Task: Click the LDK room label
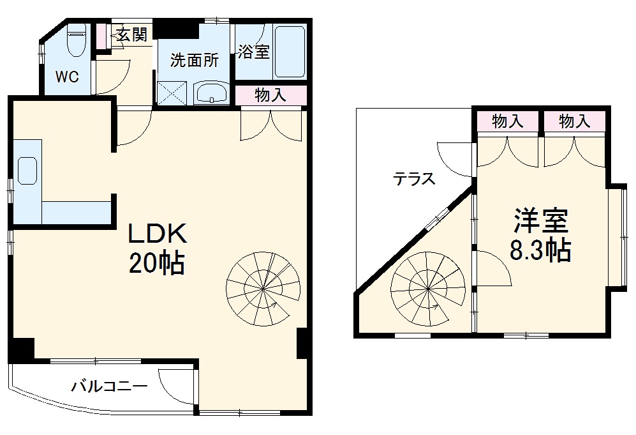[158, 234]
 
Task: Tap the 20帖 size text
[158, 263]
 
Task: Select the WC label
[66, 77]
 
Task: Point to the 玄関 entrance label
[131, 35]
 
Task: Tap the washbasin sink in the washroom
[211, 94]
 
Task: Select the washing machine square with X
[172, 93]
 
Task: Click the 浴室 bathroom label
[253, 52]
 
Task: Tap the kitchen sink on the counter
[27, 171]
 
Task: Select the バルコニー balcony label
[109, 386]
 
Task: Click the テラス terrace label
[414, 179]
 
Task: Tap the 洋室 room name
[541, 221]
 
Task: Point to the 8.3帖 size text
[540, 250]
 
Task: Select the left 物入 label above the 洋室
[507, 121]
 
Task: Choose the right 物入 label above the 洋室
[575, 121]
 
